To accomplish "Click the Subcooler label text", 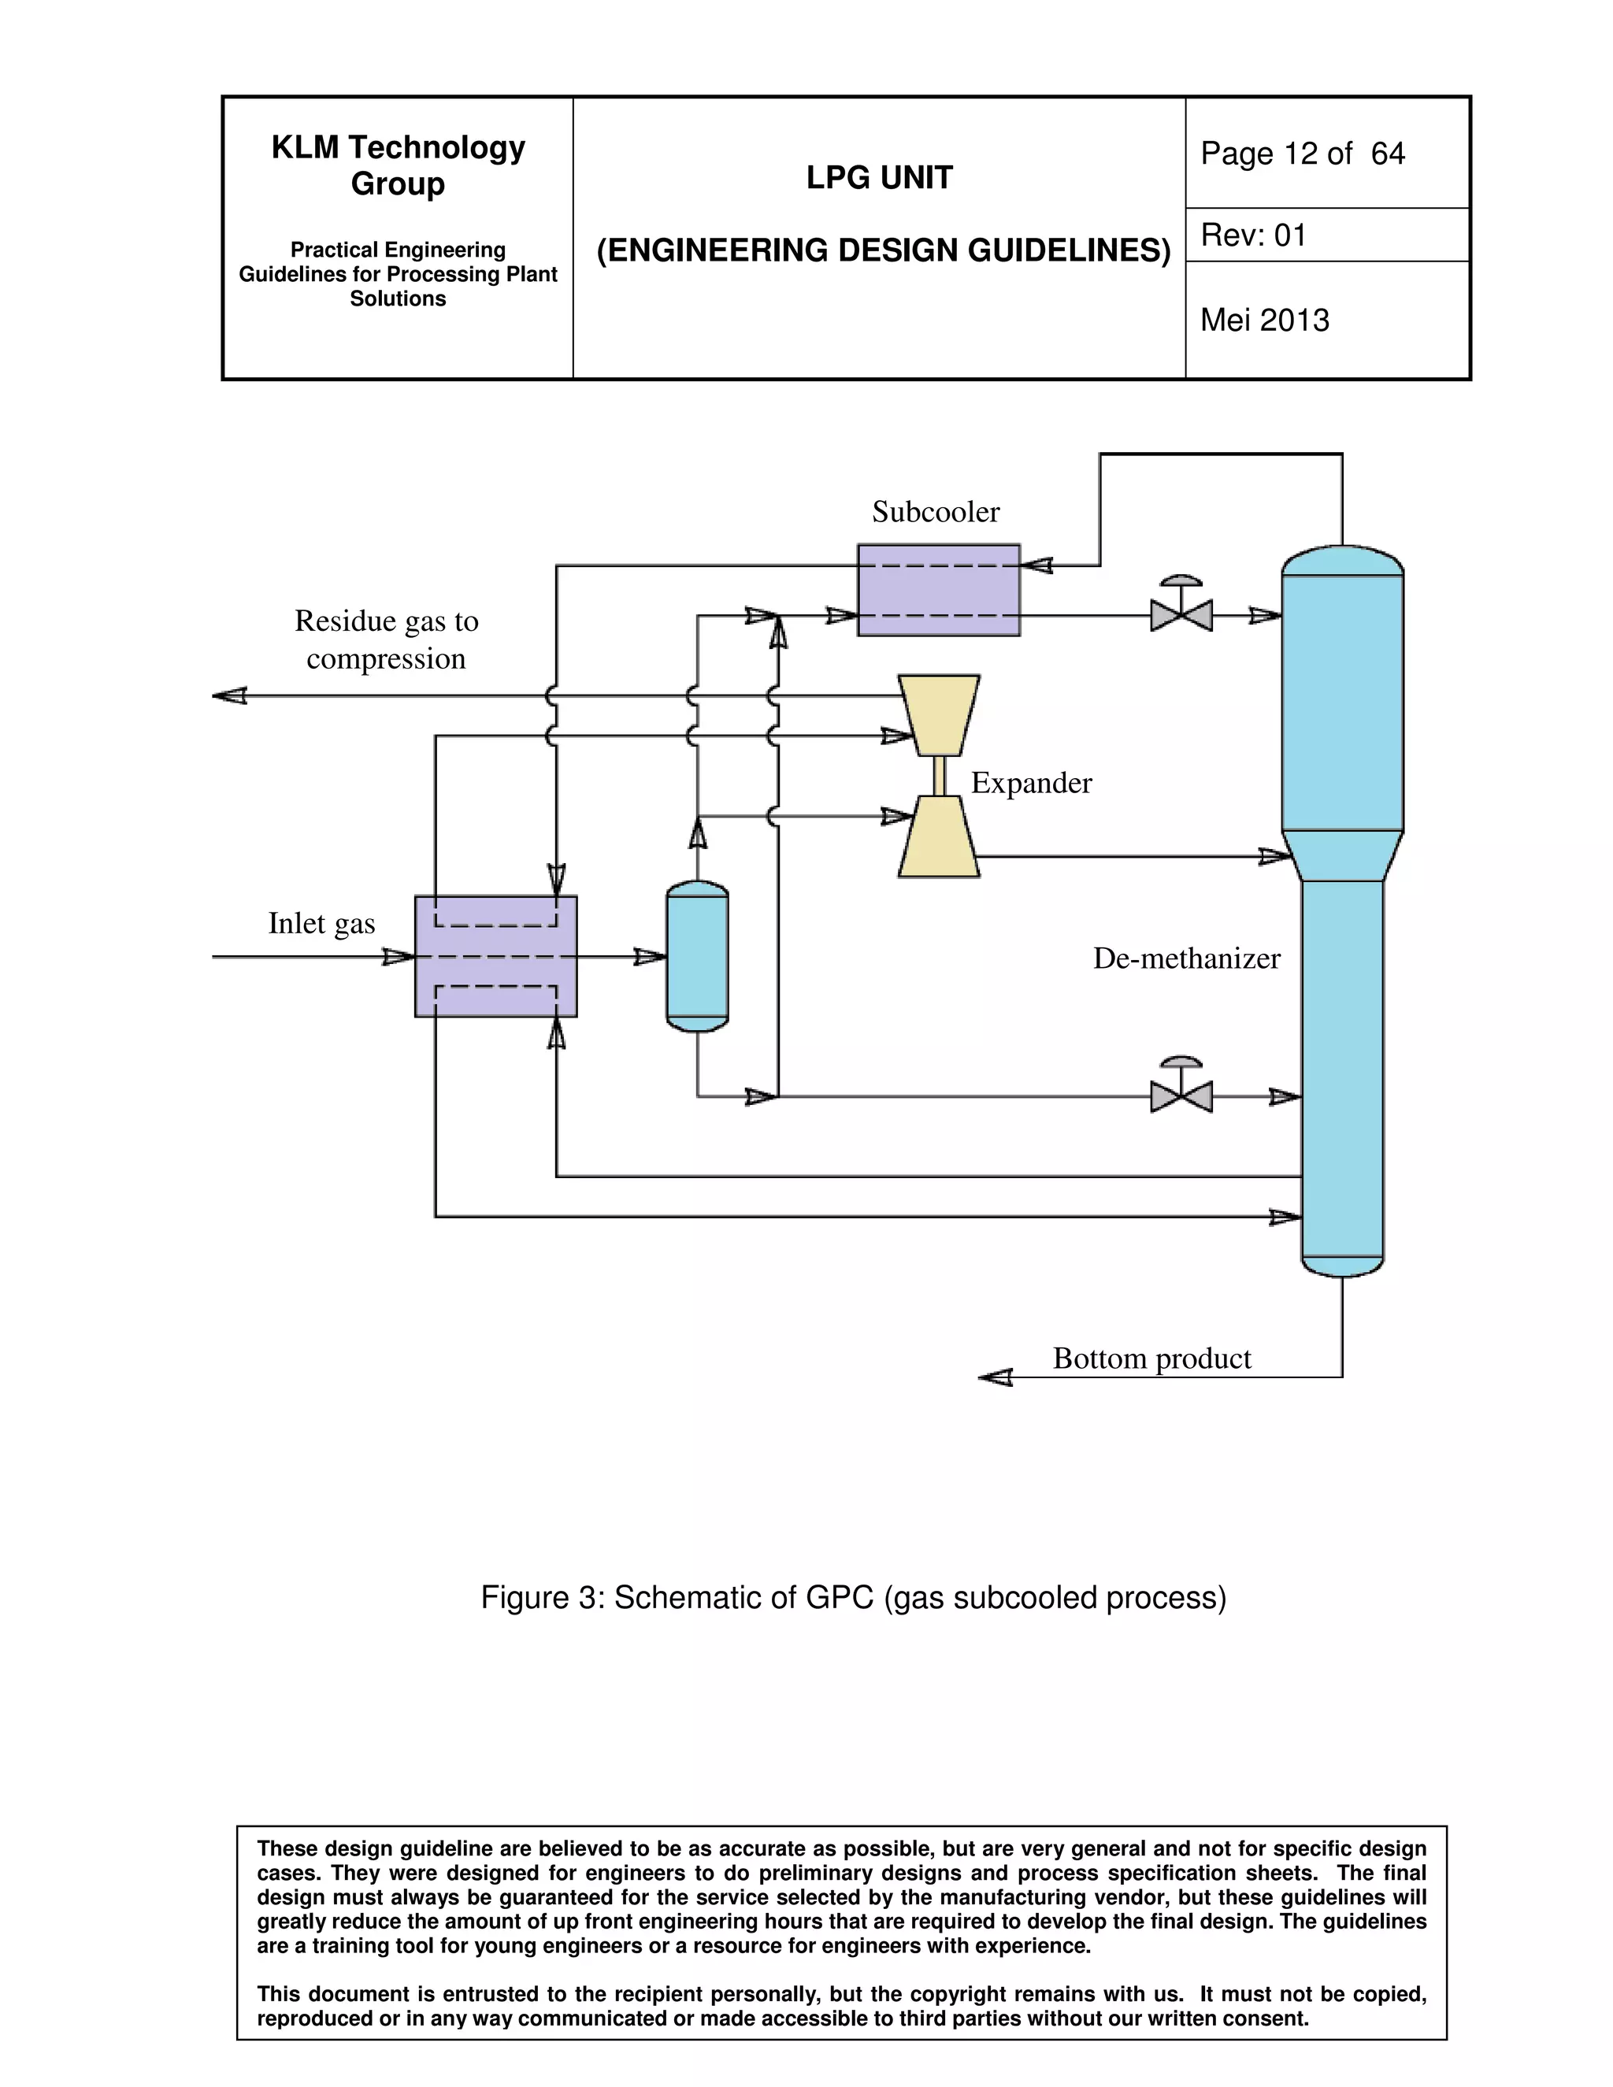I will (x=935, y=512).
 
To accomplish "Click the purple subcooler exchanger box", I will (x=937, y=590).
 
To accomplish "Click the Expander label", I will (x=1030, y=783).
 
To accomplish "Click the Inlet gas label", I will (x=321, y=923).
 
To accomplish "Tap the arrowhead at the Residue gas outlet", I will (x=229, y=695).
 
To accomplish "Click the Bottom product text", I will (x=1151, y=1358).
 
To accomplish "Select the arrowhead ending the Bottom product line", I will (x=996, y=1377).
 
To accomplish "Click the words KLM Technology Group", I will (x=398, y=165).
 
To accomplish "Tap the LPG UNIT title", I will (x=879, y=178).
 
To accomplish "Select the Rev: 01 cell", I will (x=1253, y=235).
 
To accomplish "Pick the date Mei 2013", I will (x=1264, y=320).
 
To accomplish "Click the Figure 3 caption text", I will (x=852, y=1598).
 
